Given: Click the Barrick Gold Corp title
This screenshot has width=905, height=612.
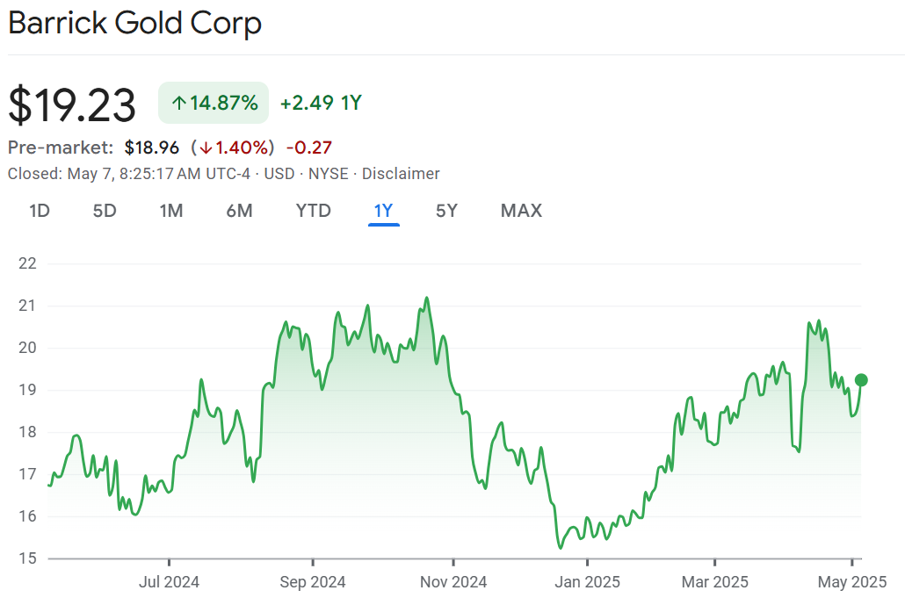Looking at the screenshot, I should point(134,23).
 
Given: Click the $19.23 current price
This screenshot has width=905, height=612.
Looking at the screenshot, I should point(72,105).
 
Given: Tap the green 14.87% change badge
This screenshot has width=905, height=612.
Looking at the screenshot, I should point(214,103).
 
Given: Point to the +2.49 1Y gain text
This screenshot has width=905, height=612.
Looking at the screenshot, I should point(321,103).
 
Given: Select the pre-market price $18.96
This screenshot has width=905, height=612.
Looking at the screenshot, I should point(151,148).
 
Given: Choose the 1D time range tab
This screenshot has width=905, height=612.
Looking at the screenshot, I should point(39,211).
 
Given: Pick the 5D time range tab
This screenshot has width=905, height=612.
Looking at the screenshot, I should point(105,211).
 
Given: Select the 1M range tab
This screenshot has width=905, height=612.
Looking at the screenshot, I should point(171,211).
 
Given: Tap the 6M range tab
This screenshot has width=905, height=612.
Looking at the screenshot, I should point(239,211).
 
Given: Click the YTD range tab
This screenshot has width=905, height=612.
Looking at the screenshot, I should point(314,211).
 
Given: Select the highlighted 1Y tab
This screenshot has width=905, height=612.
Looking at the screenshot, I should point(384,211).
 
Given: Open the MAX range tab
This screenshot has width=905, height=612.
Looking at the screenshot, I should point(521,211).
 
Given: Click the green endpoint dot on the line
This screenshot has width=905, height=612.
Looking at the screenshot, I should point(861,380).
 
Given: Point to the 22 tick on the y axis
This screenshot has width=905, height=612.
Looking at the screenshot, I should point(27,263).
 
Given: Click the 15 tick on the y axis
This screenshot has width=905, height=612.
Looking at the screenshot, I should point(27,558).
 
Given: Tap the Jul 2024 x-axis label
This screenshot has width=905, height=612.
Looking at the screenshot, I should point(169,581).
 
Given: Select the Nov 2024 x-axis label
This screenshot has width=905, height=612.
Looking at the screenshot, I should point(453,581).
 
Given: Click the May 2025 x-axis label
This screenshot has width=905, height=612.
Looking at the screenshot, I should point(852,581).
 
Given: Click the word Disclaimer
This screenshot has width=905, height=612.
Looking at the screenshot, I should point(401,174).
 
